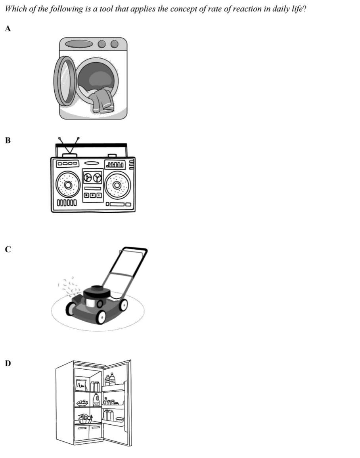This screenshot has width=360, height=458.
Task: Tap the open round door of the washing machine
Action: click(x=65, y=81)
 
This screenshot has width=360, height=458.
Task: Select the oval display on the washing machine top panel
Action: click(x=79, y=44)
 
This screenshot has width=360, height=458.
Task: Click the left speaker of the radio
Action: click(x=69, y=185)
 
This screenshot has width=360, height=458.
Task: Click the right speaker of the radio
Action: click(x=117, y=185)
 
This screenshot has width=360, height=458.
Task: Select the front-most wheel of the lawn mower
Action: click(x=101, y=317)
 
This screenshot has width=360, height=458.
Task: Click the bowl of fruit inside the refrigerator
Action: click(x=82, y=403)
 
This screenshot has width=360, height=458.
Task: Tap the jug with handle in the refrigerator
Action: click(x=96, y=399)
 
